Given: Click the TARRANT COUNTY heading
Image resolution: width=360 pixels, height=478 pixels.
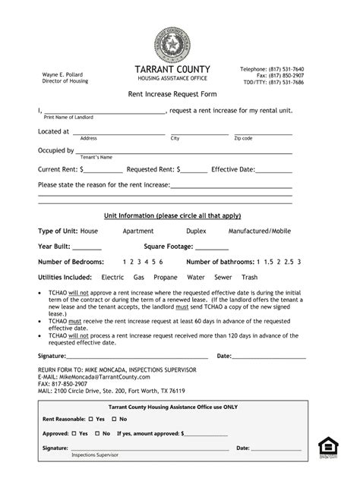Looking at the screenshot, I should coord(172,69).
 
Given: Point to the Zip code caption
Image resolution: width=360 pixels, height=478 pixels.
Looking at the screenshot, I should coord(243,139).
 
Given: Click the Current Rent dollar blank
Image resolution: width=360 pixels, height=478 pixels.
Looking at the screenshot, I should coord(103,170).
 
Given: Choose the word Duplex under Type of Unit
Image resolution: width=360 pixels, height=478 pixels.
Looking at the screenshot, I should coord(195,230).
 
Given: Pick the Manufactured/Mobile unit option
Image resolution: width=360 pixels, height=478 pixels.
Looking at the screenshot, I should coord(259,230).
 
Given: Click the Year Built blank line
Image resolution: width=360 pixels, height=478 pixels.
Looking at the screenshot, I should coord(87,247).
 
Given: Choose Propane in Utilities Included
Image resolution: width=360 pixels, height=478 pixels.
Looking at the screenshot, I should coord(165,278).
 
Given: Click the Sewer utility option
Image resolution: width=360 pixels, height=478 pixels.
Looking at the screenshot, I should coord(223,278).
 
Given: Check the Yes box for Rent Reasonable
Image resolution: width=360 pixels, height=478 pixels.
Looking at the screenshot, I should coord(90,419).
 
